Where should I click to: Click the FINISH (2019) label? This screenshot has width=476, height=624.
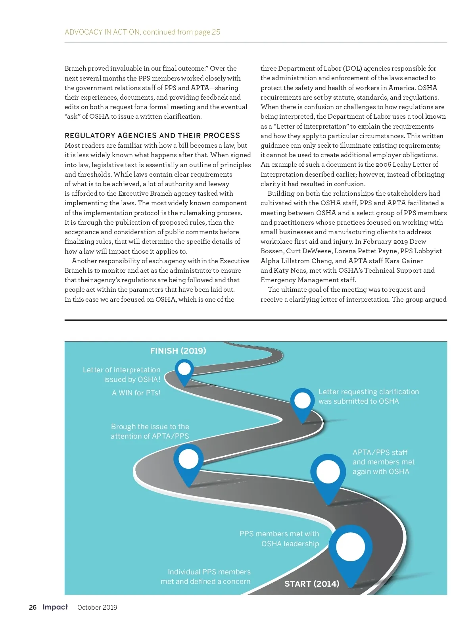178,351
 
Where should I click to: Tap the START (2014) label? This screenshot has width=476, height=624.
312,584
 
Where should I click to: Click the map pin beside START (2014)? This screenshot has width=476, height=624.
350,548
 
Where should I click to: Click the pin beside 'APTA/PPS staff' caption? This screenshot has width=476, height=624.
328,473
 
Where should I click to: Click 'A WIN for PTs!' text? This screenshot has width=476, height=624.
136,393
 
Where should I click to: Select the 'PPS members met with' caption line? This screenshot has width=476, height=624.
279,534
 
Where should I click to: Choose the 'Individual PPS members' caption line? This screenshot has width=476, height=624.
209,572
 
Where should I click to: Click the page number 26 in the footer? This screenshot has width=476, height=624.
33,607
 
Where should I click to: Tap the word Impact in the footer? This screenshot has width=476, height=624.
55,607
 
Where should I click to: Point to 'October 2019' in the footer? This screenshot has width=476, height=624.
97,607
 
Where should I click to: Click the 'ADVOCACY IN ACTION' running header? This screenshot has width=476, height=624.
102,32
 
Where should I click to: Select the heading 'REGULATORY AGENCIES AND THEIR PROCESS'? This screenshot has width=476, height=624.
152,136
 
